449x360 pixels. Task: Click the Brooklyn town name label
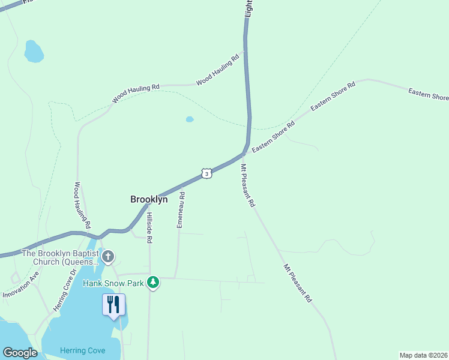click(x=149, y=199)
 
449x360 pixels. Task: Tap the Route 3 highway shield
click(x=206, y=173)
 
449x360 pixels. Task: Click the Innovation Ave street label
click(x=21, y=284)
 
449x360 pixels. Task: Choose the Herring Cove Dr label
click(x=65, y=290)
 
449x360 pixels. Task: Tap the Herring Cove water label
click(x=82, y=350)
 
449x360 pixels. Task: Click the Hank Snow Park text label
click(x=114, y=283)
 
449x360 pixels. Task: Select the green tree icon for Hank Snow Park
click(x=154, y=283)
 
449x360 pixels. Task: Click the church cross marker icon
click(x=108, y=257)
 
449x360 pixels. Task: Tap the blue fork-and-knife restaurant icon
click(x=113, y=304)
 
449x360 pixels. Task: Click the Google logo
click(x=20, y=353)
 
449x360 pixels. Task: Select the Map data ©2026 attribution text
click(x=423, y=355)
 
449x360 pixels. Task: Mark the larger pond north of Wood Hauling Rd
click(x=34, y=52)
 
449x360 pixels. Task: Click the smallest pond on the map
click(x=190, y=119)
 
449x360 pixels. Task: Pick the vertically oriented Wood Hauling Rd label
click(x=82, y=205)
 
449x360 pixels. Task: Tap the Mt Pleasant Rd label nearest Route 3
click(x=248, y=186)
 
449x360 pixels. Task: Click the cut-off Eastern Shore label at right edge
click(x=429, y=94)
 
